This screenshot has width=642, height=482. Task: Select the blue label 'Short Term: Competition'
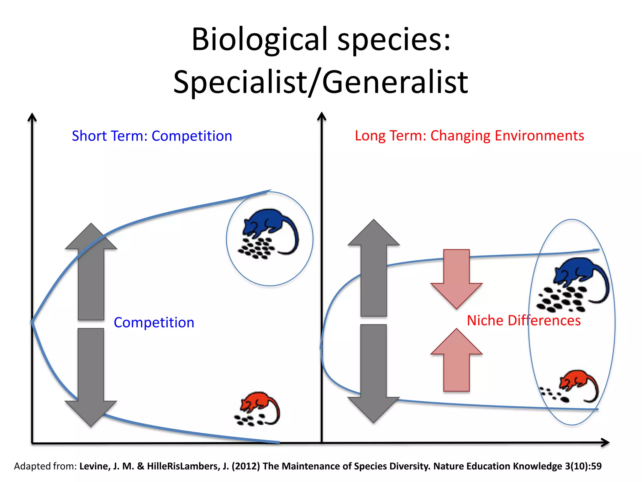152,136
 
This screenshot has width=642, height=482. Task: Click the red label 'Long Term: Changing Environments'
469,136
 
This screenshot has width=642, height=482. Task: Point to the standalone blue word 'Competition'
154,323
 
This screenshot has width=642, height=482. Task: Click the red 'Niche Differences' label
524,321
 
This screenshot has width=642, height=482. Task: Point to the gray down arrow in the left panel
91,377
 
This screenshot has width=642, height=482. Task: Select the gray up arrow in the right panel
374,267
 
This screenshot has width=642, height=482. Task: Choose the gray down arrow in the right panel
374,373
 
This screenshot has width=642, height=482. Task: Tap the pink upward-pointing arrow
456,361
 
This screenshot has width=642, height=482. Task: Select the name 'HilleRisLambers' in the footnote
183,466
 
